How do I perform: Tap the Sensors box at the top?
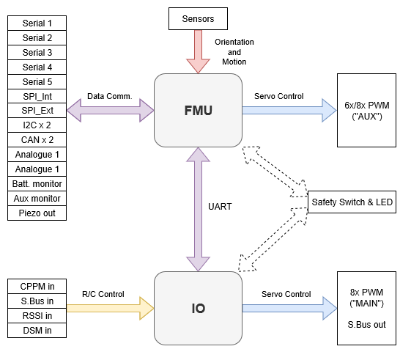click(x=198, y=18)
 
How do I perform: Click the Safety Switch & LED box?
click(x=352, y=202)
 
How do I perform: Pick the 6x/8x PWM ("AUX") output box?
click(x=366, y=110)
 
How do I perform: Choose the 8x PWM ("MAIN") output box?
click(x=366, y=308)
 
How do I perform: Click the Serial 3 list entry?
click(x=37, y=53)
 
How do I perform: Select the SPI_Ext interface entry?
click(x=37, y=111)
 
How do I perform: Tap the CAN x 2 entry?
click(x=37, y=140)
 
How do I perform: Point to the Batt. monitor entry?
click(x=37, y=184)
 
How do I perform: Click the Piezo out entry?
click(x=37, y=213)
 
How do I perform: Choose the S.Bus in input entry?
click(x=37, y=301)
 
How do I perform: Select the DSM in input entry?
click(x=37, y=330)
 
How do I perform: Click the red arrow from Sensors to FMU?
click(x=198, y=51)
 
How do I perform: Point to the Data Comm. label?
click(x=110, y=96)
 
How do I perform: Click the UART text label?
click(x=220, y=207)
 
